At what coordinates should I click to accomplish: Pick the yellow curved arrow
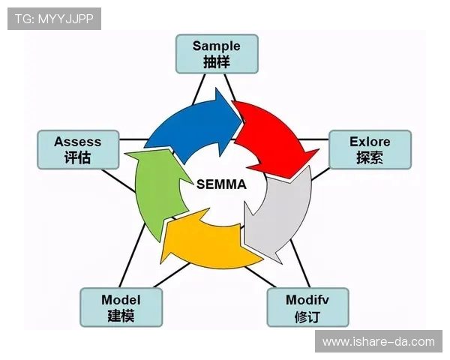pyautogui.click(x=202, y=244)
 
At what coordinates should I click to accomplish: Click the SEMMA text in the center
pyautogui.click(x=221, y=183)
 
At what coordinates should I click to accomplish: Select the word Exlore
pyautogui.click(x=370, y=142)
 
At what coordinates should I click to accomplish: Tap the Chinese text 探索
pyautogui.click(x=370, y=158)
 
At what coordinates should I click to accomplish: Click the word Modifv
pyautogui.click(x=307, y=300)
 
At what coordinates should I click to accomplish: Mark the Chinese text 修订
pyautogui.click(x=307, y=316)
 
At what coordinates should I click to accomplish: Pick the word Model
pyautogui.click(x=121, y=300)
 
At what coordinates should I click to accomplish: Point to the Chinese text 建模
pyautogui.click(x=121, y=316)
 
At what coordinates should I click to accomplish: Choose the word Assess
pyautogui.click(x=77, y=142)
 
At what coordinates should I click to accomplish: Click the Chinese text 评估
pyautogui.click(x=77, y=158)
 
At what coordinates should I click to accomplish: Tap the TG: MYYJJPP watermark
pyautogui.click(x=54, y=19)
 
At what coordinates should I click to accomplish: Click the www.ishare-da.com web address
pyautogui.click(x=379, y=342)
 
